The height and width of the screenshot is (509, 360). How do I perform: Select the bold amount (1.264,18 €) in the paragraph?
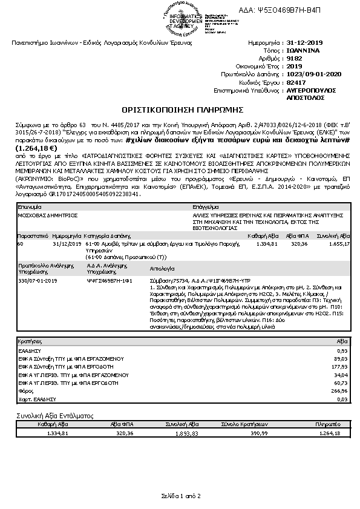36,147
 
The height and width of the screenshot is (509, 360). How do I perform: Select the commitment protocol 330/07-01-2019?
38,281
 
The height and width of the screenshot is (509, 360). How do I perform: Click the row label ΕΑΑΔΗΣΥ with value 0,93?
29,350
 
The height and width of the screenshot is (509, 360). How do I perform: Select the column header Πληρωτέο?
329,425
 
